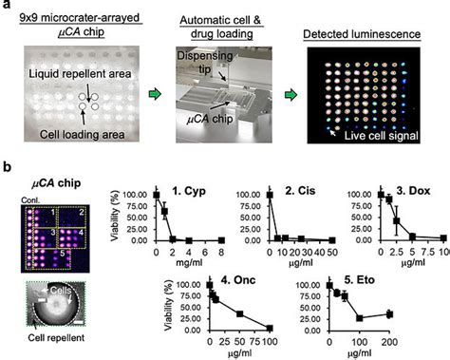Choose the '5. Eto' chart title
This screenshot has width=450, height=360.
coord(349,279)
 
